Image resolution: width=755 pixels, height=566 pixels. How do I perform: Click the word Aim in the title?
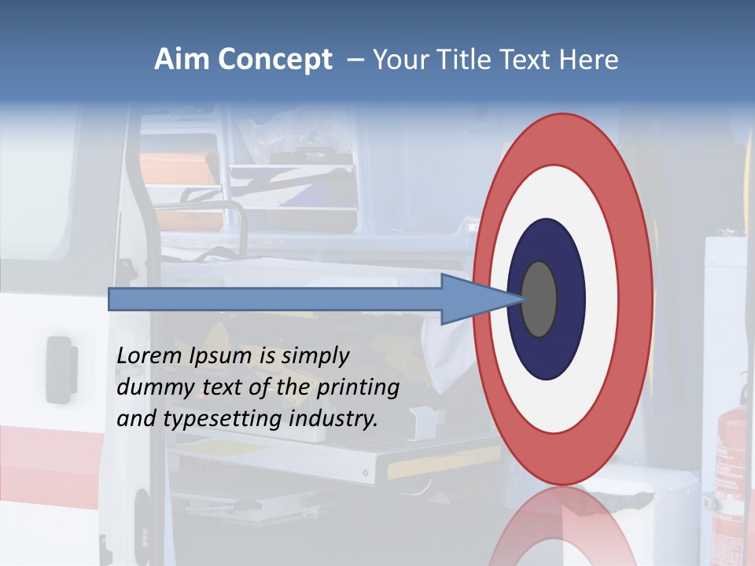tap(182, 60)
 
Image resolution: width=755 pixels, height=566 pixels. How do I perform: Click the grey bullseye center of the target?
tap(540, 299)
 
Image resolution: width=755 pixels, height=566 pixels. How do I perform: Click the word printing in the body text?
tap(357, 388)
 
